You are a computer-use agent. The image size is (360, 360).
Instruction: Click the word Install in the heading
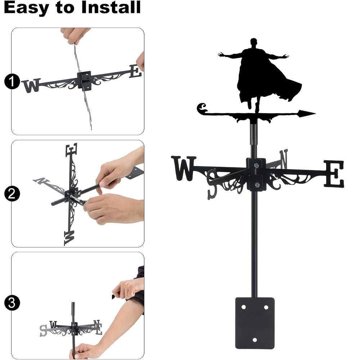coord(111,7)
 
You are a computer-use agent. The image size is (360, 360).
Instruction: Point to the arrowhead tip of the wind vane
coord(315,113)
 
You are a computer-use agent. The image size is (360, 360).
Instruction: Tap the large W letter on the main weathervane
coord(184,168)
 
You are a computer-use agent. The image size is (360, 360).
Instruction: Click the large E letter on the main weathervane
coord(334,174)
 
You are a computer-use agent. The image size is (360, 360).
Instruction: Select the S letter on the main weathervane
coord(212,184)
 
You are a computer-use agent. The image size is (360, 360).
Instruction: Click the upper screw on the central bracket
coord(256,165)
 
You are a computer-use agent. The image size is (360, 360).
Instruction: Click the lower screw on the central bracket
coord(257,185)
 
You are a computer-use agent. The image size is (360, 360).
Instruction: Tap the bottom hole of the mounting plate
coord(255,340)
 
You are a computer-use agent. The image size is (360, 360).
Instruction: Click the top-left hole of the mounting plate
coord(244,307)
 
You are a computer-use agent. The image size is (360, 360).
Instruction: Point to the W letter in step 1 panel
coord(31,85)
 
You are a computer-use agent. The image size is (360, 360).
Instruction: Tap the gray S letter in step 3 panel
coord(43,330)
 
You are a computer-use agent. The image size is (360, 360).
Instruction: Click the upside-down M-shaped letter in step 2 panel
coord(69,238)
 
